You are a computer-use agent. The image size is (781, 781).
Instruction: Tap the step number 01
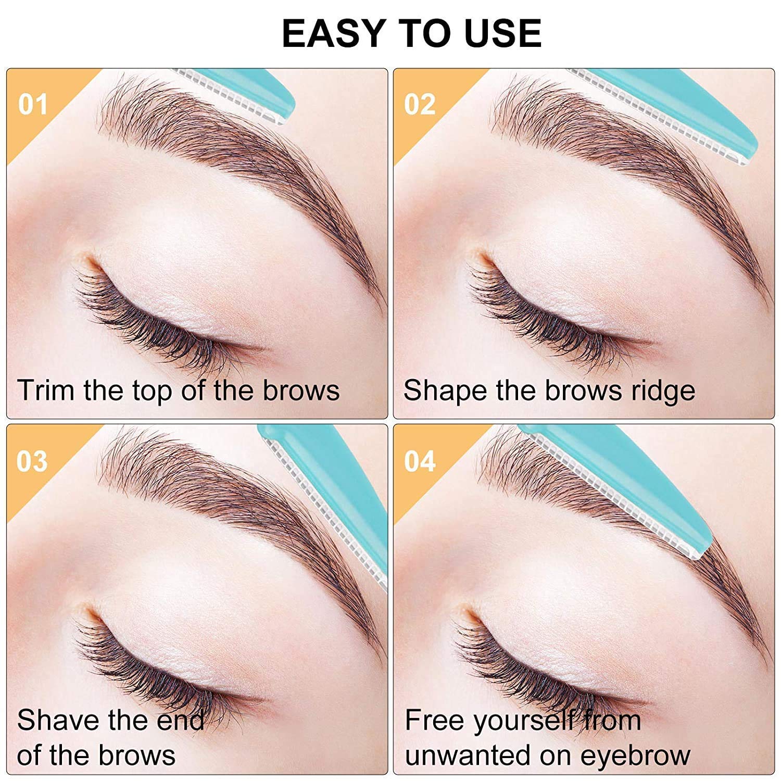[33, 105]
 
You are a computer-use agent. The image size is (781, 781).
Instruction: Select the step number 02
[420, 105]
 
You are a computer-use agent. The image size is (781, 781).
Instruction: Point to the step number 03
[32, 461]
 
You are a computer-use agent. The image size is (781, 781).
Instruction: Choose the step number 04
[420, 461]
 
